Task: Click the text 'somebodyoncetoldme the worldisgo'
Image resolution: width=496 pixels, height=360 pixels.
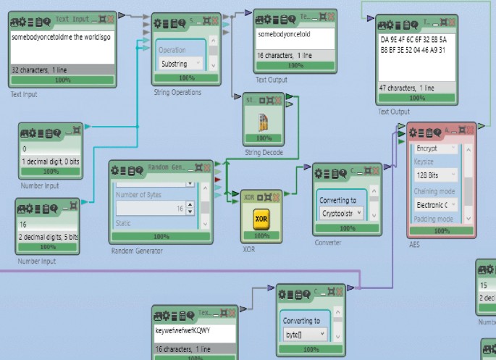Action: coord(61,37)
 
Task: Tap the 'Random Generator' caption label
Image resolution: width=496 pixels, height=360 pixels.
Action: coord(137,251)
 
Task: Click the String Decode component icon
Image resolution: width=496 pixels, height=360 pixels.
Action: coord(263,122)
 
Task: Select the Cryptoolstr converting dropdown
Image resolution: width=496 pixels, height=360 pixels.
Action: coord(341,214)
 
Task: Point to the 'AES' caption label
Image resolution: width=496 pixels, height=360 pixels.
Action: coord(414,244)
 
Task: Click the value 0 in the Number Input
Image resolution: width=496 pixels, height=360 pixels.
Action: coord(25,149)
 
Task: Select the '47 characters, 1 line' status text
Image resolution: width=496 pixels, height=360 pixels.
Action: coord(408,88)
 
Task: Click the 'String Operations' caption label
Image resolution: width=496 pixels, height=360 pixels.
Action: coord(177,92)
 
